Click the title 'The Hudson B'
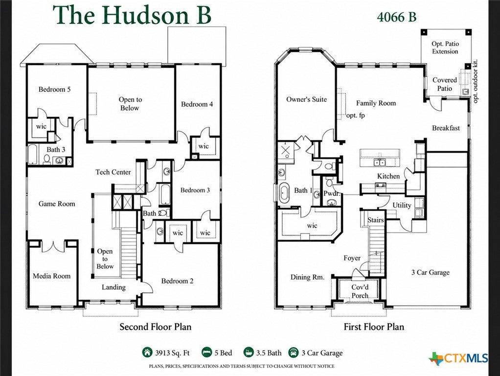[x=132, y=15]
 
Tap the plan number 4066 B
[x=396, y=17]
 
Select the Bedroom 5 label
[x=54, y=90]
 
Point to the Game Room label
[x=57, y=204]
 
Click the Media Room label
[x=52, y=276]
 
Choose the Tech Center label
[x=113, y=172]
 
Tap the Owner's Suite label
[x=306, y=99]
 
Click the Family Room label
[x=376, y=103]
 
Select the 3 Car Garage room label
[x=431, y=272]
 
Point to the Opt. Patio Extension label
[x=445, y=47]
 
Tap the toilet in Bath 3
[x=47, y=159]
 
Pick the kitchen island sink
[x=379, y=163]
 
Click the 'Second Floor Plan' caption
[x=155, y=327]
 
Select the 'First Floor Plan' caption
[x=374, y=327]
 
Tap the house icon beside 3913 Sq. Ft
[x=147, y=352]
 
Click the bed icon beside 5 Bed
[x=207, y=352]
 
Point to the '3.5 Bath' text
[x=269, y=353]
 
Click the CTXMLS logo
[x=458, y=358]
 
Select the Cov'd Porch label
[x=360, y=291]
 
